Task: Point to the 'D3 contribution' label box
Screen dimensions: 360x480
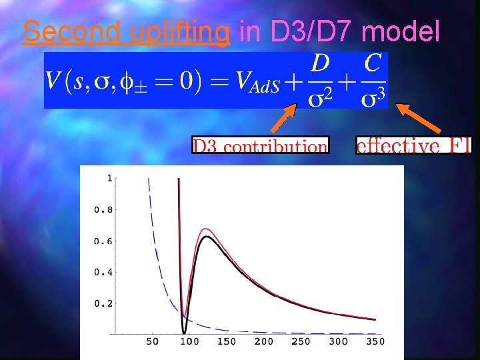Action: (260, 145)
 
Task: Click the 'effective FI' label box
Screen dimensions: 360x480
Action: (413, 145)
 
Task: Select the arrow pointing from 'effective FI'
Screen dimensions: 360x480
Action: (421, 119)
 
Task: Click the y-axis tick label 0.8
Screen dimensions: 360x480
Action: (103, 210)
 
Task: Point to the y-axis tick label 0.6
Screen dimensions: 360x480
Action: (103, 241)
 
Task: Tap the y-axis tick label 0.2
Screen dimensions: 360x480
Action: (103, 303)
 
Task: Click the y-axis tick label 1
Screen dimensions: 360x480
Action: (109, 179)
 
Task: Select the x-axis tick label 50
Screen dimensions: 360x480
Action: (153, 342)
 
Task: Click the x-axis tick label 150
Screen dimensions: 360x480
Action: (226, 342)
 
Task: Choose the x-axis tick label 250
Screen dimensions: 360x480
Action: (301, 342)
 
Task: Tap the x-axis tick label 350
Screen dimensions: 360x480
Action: (375, 342)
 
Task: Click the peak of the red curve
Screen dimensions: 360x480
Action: (206, 229)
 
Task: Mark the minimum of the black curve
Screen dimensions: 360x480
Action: (184, 332)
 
